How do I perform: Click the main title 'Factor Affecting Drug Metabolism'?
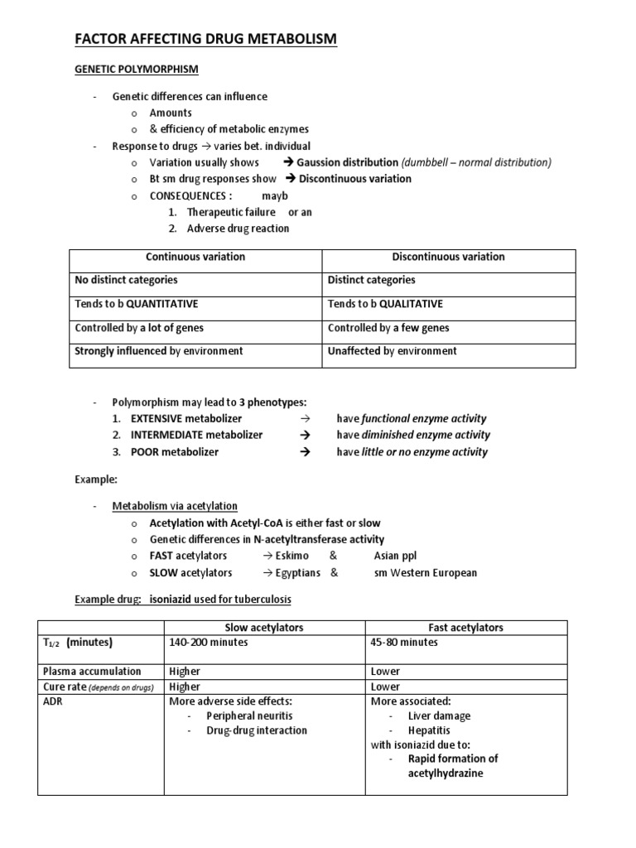206,39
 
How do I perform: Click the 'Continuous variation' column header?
195,257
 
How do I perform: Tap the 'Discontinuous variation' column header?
449,257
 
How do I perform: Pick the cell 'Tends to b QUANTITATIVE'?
137,304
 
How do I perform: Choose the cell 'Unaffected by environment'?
392,351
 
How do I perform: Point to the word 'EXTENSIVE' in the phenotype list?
157,418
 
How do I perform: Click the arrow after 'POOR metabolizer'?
304,452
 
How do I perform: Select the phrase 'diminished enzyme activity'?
426,435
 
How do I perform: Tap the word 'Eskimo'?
297,556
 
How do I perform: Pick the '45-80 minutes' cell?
404,642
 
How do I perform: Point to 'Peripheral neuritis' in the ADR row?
249,715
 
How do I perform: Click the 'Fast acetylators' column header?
465,628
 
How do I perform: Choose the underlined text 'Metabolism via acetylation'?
175,506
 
